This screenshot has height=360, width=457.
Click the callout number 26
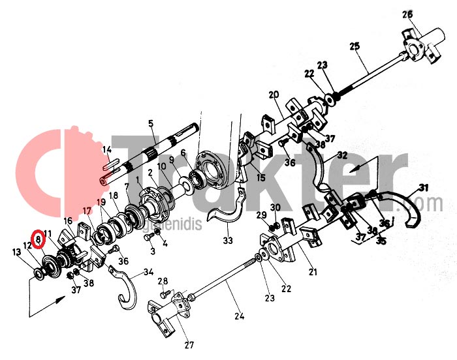click(407, 14)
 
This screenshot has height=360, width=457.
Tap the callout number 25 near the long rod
click(355, 46)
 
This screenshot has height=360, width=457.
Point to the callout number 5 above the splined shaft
click(151, 123)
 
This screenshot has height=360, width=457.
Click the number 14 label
click(107, 150)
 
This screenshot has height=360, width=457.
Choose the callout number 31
click(424, 188)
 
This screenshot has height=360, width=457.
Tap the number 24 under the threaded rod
click(239, 317)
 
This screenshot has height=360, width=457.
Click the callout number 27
click(189, 346)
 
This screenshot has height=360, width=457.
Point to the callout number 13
click(17, 252)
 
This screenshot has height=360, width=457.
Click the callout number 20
click(274, 95)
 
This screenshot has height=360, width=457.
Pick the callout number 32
click(341, 156)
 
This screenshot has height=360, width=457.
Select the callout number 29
click(260, 215)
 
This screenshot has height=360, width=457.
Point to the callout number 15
click(260, 177)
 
